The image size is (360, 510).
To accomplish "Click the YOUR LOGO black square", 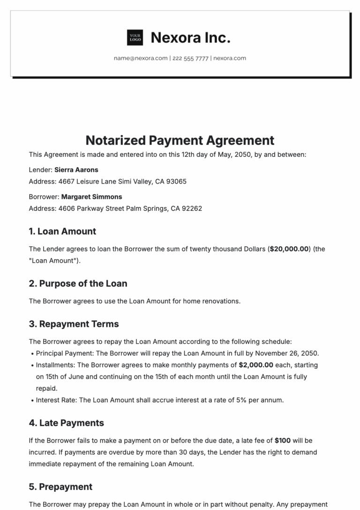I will click(135, 37).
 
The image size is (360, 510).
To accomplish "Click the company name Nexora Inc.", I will click(190, 37).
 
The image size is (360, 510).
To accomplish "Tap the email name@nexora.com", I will click(141, 59).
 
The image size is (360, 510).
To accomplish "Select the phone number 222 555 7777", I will click(190, 59).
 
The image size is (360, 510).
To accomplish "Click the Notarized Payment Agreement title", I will click(180, 140).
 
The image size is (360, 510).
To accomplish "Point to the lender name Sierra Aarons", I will click(76, 170).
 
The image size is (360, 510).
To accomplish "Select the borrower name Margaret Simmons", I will click(91, 197).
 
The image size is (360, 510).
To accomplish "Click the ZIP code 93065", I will click(177, 181).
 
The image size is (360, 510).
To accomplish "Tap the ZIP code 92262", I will click(192, 208).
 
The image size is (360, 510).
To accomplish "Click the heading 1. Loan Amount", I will click(62, 231).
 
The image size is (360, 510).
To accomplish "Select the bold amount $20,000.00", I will click(289, 249).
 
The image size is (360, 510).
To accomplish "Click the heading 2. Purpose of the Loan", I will click(78, 283).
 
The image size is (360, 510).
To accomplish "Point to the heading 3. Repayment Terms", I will click(74, 324).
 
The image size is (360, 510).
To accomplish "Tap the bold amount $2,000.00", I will click(256, 365).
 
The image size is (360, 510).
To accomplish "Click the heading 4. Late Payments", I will click(66, 423).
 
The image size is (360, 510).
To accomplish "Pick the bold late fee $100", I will click(283, 441).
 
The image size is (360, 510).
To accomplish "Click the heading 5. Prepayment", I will click(60, 487).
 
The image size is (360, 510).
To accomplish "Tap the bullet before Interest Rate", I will click(31, 400).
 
